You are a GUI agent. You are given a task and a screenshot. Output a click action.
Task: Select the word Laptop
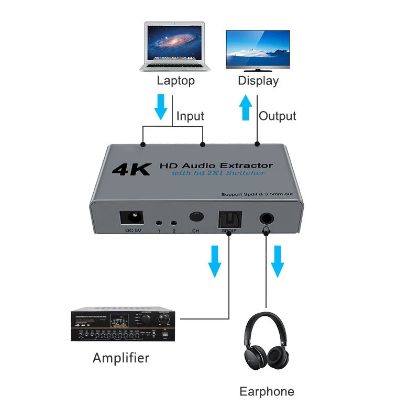point(175,81)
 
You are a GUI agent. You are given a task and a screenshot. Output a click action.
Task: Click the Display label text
point(258,81)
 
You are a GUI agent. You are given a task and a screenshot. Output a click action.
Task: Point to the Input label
point(190,116)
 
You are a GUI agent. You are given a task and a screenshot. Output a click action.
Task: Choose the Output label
point(278,116)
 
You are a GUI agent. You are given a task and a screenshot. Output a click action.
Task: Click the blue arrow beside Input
point(161,107)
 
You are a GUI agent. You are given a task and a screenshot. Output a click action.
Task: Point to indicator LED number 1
point(158,223)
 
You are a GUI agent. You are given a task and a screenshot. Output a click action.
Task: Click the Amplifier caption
point(121,358)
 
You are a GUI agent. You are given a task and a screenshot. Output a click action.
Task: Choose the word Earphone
point(267,391)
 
